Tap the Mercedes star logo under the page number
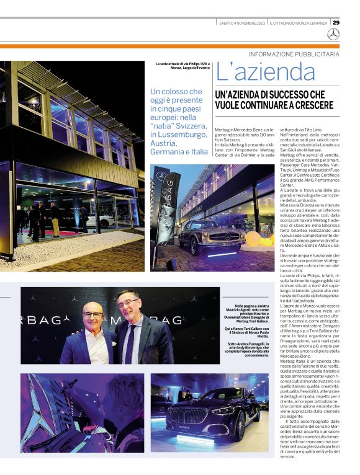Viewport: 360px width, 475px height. (333, 34)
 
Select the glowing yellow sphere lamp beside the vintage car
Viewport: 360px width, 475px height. (253, 239)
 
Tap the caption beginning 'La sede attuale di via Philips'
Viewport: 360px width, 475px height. (182, 66)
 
